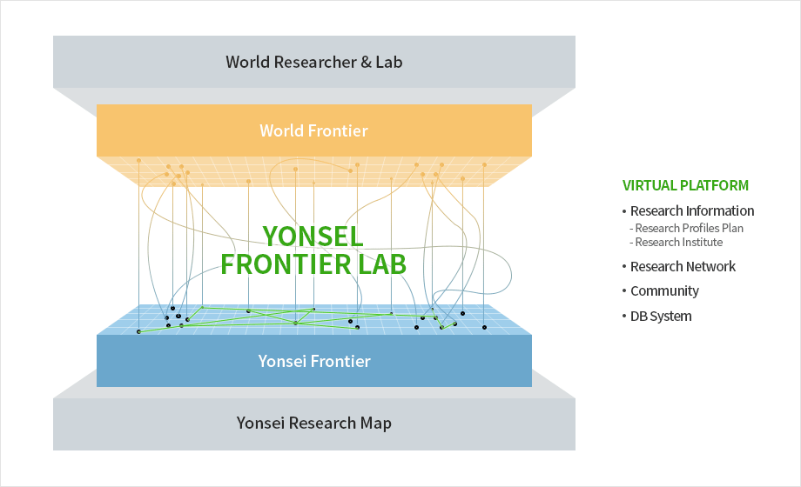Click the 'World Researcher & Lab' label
[x=314, y=62]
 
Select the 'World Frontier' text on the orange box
[x=313, y=130]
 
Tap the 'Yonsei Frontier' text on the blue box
[x=314, y=361]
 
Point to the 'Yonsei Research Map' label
[x=314, y=424]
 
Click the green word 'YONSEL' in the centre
[x=313, y=237]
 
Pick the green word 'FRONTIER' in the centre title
[x=286, y=264]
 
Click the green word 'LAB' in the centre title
[x=382, y=264]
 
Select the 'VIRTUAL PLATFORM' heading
[x=685, y=185]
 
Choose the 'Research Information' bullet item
[x=691, y=210]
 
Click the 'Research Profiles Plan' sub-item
[x=690, y=228]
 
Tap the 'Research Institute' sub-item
[x=679, y=242]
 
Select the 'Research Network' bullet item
[x=683, y=266]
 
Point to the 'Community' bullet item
[x=664, y=291]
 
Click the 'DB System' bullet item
[x=661, y=316]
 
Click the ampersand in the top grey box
[x=366, y=63]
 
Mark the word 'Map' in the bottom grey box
[x=376, y=424]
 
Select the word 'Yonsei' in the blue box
[x=282, y=361]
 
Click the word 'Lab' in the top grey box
[x=389, y=62]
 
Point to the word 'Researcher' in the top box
[x=315, y=62]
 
